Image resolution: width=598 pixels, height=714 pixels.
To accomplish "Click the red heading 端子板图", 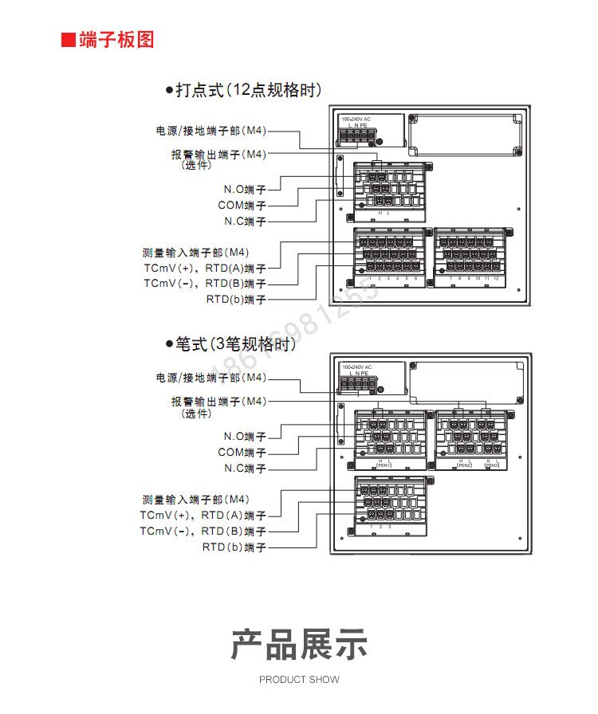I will tap(116, 40).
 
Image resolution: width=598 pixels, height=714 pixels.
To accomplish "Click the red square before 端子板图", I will tap(69, 40).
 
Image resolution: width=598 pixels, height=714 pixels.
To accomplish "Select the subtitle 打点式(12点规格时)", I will tap(243, 90).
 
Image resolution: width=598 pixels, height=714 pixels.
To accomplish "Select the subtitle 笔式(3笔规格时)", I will tap(230, 344).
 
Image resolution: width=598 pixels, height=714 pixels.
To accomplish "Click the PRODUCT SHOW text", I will tap(299, 680).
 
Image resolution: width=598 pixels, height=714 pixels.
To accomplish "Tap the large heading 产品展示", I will tap(299, 644).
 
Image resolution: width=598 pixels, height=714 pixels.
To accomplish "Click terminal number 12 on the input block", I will tap(496, 278).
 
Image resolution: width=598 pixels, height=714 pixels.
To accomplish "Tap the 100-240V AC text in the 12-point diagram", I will tap(356, 119).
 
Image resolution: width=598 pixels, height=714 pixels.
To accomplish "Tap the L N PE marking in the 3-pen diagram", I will tap(358, 373).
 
